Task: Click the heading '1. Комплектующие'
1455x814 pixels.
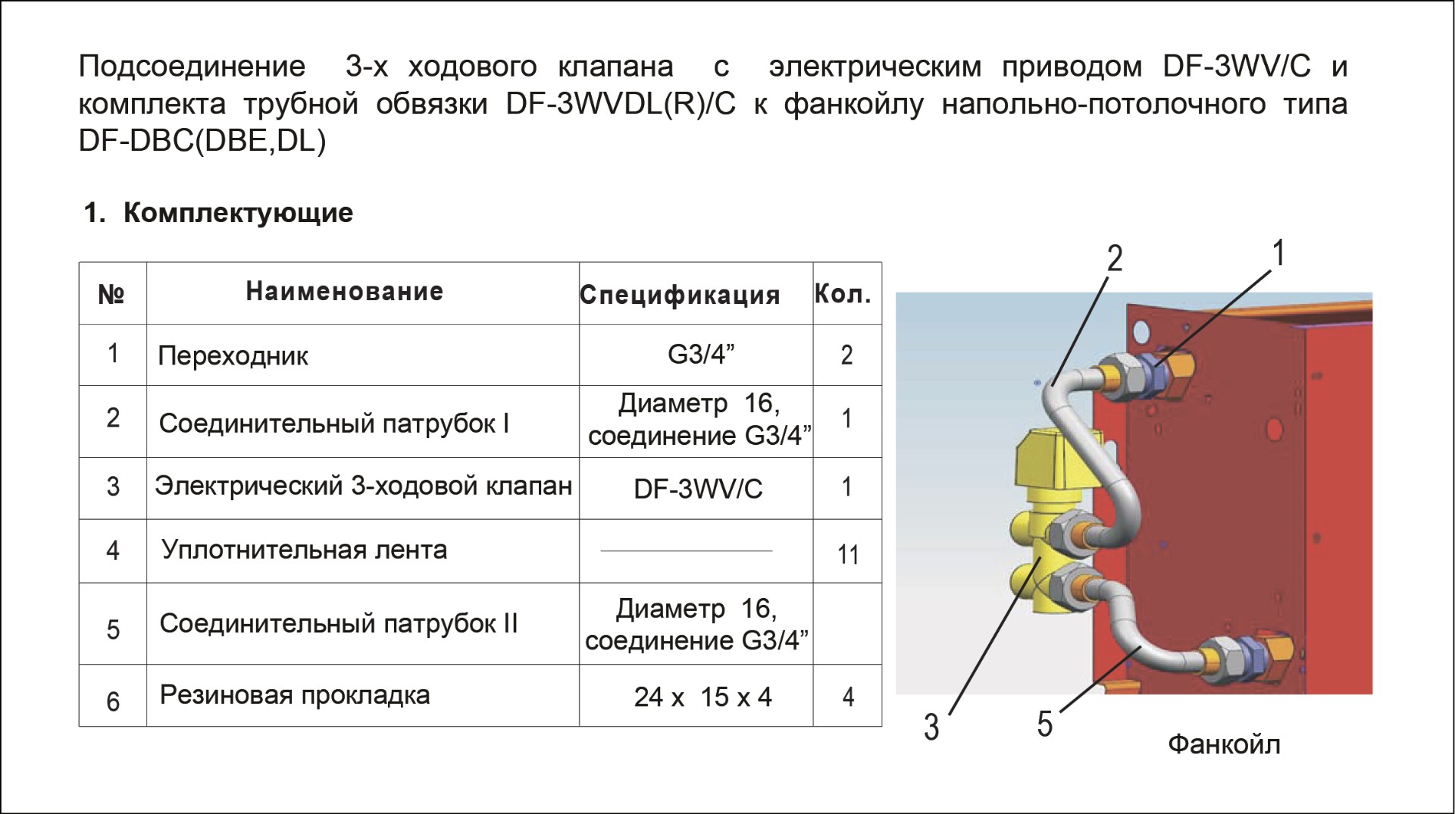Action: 218,213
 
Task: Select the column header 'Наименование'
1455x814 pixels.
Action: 345,292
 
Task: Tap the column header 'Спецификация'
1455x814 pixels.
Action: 680,295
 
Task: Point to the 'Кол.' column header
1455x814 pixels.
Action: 843,294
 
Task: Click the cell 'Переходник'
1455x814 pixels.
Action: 233,355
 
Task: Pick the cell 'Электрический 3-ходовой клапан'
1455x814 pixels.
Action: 363,486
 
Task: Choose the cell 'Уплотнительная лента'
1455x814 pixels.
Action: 304,549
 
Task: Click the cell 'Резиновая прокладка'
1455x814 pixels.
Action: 295,695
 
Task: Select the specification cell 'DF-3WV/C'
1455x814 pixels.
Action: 698,489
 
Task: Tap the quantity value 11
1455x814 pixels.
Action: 848,555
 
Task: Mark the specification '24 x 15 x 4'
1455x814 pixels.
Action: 702,697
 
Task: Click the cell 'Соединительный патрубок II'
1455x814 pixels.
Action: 338,624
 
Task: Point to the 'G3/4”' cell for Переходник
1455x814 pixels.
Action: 701,354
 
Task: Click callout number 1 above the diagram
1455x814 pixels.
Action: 1278,253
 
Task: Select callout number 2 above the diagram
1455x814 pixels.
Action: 1114,258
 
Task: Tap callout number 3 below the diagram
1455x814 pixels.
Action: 931,727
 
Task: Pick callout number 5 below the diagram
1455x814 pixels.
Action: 1045,724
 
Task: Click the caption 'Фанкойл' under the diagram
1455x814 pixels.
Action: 1224,745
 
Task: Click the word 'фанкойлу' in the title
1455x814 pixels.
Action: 854,105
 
